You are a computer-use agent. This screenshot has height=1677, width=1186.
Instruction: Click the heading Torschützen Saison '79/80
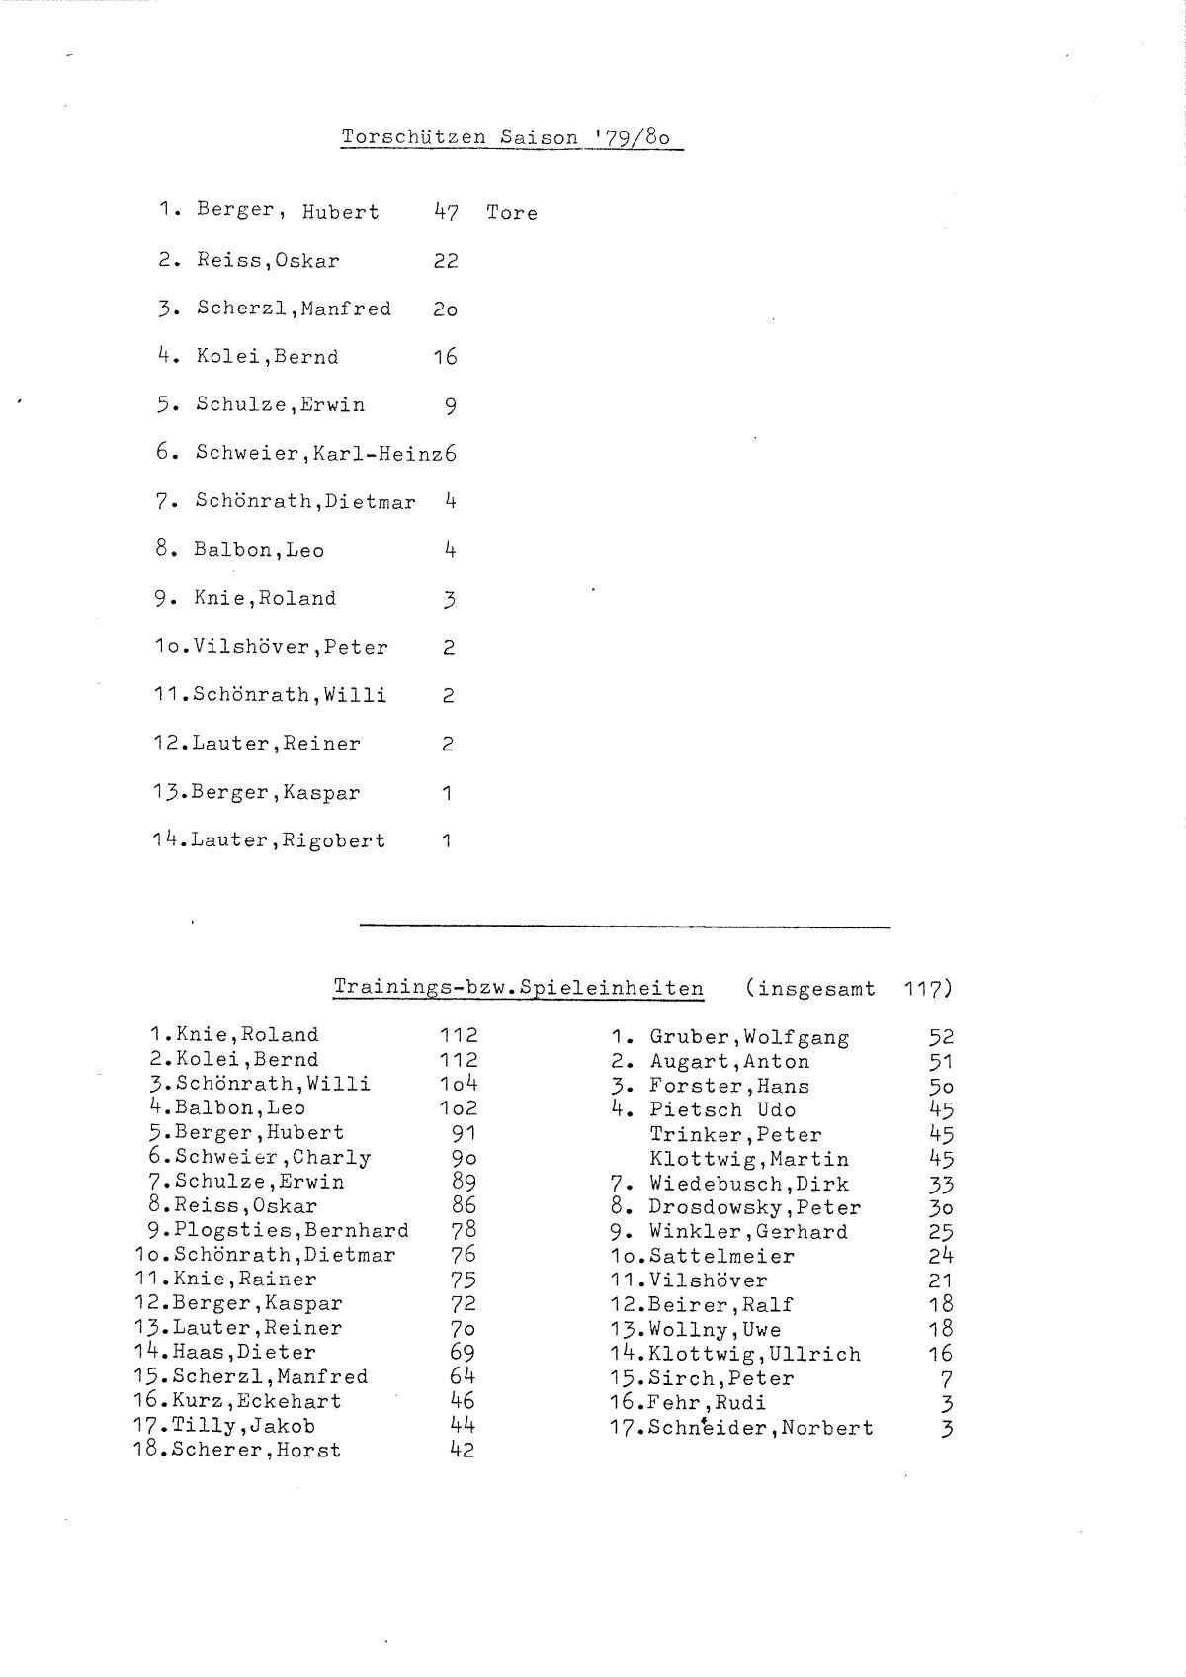coord(506,137)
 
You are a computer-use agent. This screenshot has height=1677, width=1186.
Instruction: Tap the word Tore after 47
coord(512,213)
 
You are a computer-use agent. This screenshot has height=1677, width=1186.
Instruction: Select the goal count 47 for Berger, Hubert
coord(446,212)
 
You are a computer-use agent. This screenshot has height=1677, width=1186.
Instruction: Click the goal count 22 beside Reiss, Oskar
coord(446,261)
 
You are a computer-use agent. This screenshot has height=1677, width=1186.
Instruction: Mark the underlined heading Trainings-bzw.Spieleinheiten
coord(519,988)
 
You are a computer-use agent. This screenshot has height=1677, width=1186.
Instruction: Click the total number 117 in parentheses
coord(925,988)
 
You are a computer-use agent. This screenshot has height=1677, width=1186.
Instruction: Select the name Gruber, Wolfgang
coord(749,1038)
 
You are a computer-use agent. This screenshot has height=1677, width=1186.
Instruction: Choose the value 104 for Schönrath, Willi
coord(459,1084)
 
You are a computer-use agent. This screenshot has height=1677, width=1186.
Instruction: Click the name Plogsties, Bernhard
coord(292,1231)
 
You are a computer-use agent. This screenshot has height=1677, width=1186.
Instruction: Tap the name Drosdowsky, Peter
coord(754,1208)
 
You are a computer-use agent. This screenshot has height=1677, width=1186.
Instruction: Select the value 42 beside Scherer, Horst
coord(462,1451)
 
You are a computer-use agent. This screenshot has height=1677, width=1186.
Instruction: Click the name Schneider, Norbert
coord(761,1428)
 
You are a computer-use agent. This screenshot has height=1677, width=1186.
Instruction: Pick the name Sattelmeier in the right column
coord(721,1257)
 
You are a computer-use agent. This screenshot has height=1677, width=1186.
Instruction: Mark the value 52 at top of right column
coord(941,1037)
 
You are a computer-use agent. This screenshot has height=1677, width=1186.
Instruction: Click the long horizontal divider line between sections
coord(625,927)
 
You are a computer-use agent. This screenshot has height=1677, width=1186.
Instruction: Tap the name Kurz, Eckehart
coord(256,1401)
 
